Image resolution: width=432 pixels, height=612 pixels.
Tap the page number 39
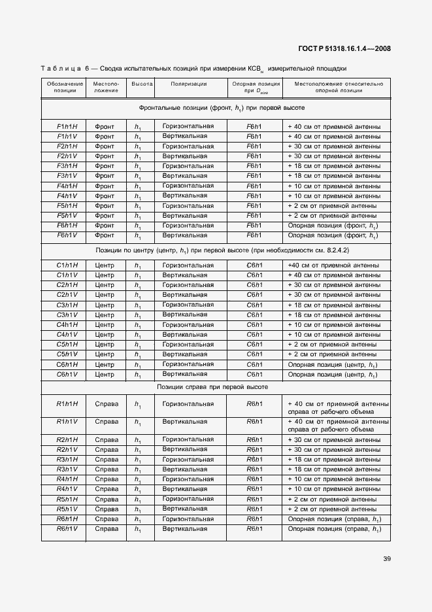386,558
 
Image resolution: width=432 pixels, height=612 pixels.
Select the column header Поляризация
189,84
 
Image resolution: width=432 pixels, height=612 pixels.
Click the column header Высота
142,84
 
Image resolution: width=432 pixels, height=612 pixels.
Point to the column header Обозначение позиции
65,88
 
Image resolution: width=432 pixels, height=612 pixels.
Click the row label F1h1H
67,126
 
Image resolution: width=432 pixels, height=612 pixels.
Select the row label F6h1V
67,235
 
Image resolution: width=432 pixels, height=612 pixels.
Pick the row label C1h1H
67,265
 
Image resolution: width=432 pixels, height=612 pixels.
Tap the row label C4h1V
67,335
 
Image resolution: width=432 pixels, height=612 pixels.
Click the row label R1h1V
67,422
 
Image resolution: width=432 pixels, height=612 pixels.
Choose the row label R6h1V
67,528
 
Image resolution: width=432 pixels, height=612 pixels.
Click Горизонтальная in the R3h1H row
188,459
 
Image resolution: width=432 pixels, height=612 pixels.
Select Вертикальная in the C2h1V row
185,295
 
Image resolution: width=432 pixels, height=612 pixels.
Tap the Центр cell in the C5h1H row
105,345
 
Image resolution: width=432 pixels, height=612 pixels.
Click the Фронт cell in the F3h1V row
105,176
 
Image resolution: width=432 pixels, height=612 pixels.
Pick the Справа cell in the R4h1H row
107,479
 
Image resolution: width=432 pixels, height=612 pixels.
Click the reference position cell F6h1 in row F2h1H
254,146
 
